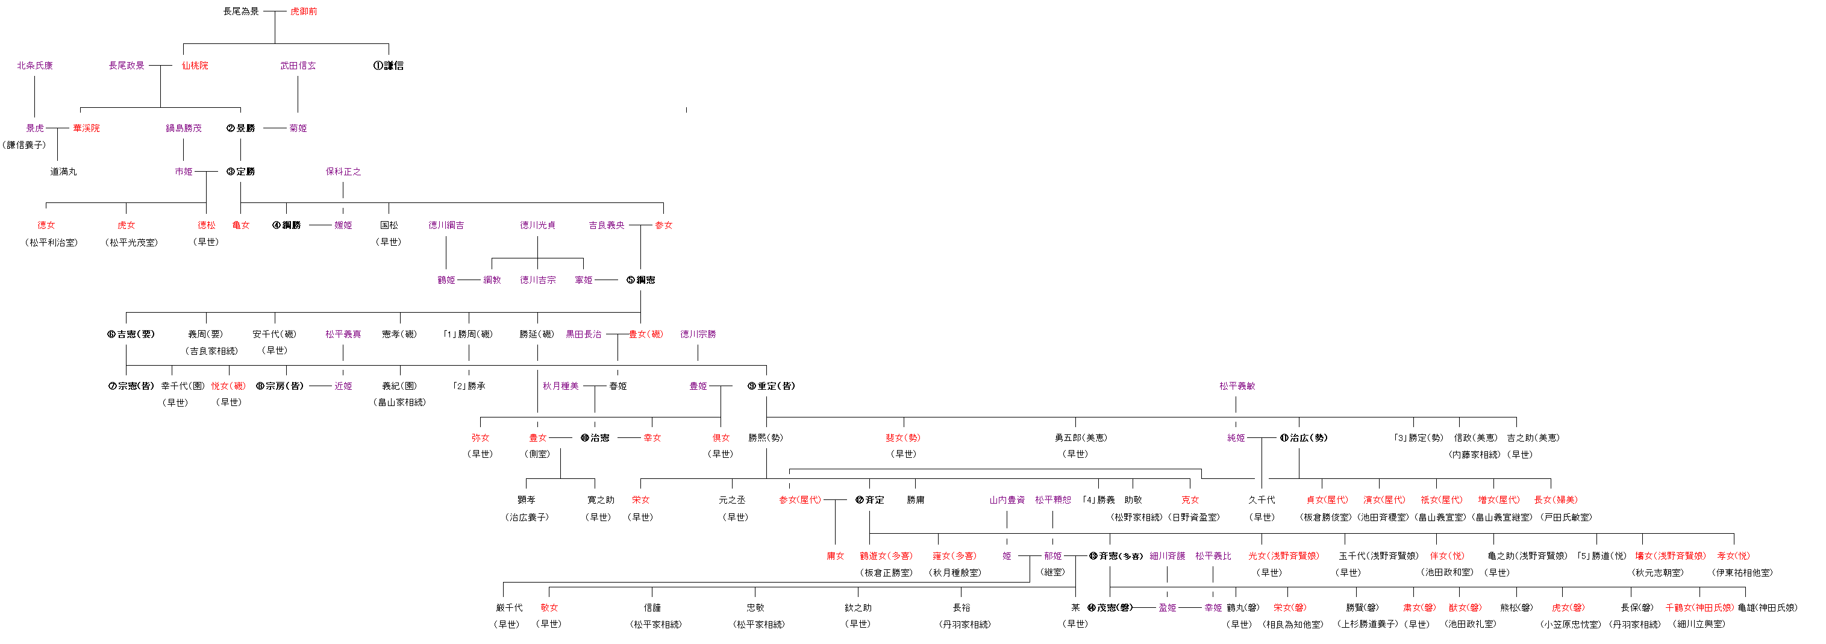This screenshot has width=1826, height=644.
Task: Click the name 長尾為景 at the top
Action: click(241, 11)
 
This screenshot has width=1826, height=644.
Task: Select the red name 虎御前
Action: click(304, 11)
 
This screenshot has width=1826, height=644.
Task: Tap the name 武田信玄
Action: click(298, 65)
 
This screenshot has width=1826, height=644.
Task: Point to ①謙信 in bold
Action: click(389, 65)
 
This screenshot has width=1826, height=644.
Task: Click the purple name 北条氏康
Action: click(35, 65)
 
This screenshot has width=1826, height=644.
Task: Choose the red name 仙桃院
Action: click(195, 65)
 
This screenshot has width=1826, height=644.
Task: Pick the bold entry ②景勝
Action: click(241, 128)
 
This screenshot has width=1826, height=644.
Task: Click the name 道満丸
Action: click(63, 172)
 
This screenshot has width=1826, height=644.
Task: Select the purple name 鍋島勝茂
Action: click(184, 128)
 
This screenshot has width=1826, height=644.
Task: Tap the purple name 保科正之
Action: click(343, 172)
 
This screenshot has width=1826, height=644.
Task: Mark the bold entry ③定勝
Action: click(241, 172)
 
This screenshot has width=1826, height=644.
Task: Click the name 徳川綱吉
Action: click(446, 225)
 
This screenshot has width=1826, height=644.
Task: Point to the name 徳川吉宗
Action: click(537, 280)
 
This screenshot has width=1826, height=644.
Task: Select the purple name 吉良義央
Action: click(606, 225)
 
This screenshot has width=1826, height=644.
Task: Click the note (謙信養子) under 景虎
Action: click(24, 145)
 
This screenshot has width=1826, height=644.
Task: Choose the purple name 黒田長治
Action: click(583, 334)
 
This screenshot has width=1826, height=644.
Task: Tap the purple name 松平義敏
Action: click(1237, 386)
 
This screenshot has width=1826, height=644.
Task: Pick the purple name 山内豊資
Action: click(1007, 499)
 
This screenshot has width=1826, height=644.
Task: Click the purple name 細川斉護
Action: click(1167, 556)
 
